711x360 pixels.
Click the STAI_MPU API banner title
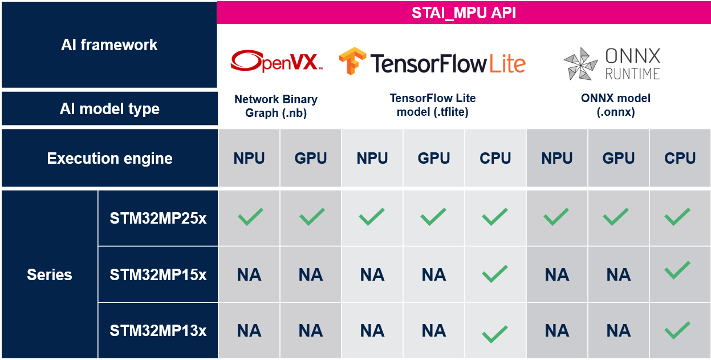click(x=464, y=13)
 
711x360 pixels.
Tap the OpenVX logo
click(x=277, y=61)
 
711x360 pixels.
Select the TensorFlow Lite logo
click(x=432, y=62)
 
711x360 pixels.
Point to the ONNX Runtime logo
click(x=612, y=63)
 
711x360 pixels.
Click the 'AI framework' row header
click(x=109, y=45)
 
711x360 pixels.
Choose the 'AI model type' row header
click(x=109, y=109)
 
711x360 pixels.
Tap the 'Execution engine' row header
click(x=109, y=158)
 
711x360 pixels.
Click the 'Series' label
click(x=50, y=274)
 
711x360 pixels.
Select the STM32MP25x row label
click(x=158, y=219)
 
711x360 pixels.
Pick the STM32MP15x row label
click(x=158, y=274)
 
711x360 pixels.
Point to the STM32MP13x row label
click(x=158, y=331)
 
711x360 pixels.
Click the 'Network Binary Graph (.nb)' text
click(x=276, y=106)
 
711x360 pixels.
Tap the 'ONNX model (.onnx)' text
click(x=616, y=105)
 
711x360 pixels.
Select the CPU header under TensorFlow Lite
click(x=495, y=158)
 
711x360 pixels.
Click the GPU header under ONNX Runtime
click(x=618, y=158)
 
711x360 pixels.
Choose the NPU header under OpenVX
click(x=249, y=158)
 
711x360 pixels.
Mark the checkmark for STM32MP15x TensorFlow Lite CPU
click(x=494, y=274)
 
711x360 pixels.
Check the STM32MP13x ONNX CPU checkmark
click(x=677, y=330)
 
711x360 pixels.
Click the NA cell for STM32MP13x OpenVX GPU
click(x=310, y=331)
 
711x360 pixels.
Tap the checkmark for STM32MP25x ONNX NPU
click(x=556, y=217)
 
